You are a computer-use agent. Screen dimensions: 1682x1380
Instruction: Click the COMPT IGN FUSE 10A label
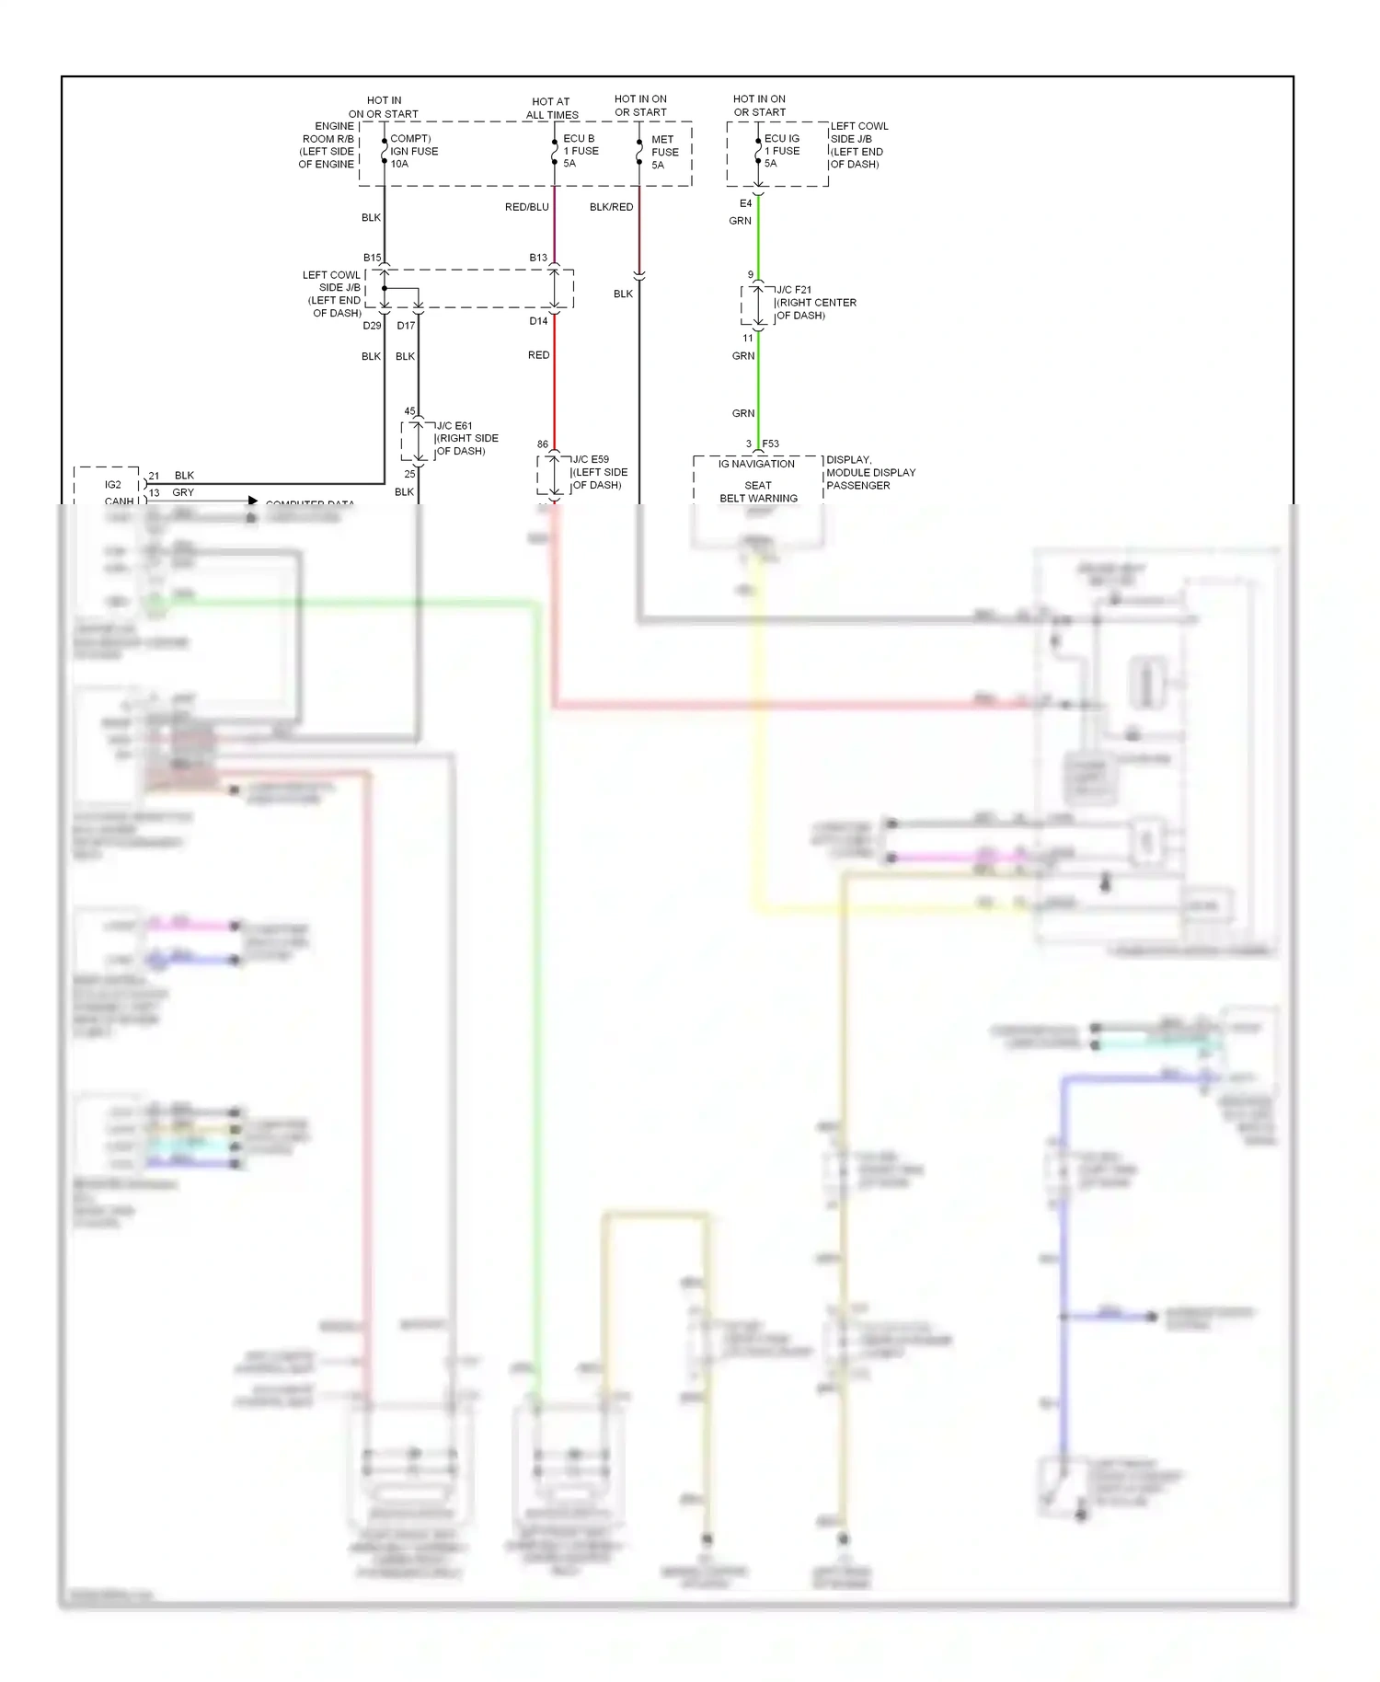[413, 151]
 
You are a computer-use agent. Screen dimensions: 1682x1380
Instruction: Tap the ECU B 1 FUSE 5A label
[581, 151]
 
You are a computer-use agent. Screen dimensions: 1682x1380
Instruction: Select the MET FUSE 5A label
[664, 152]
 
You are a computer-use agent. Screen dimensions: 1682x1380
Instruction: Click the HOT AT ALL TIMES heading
[551, 109]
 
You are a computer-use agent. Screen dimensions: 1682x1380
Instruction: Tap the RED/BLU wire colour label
[526, 207]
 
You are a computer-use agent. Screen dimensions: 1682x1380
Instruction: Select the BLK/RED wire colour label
[611, 207]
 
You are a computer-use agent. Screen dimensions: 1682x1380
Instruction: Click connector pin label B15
[372, 258]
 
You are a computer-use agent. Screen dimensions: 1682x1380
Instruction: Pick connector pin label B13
[538, 258]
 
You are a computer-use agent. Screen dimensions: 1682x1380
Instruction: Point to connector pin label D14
[538, 321]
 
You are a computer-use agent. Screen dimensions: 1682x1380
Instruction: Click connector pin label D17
[406, 326]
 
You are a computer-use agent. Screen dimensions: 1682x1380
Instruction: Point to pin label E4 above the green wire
[745, 203]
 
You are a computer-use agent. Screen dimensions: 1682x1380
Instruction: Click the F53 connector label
[770, 444]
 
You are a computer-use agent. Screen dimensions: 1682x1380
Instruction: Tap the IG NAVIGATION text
[756, 464]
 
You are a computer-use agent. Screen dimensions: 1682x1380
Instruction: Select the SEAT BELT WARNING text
[758, 491]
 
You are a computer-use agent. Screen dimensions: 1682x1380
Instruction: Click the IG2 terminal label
[112, 484]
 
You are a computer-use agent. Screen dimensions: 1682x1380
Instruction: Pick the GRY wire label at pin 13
[183, 492]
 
